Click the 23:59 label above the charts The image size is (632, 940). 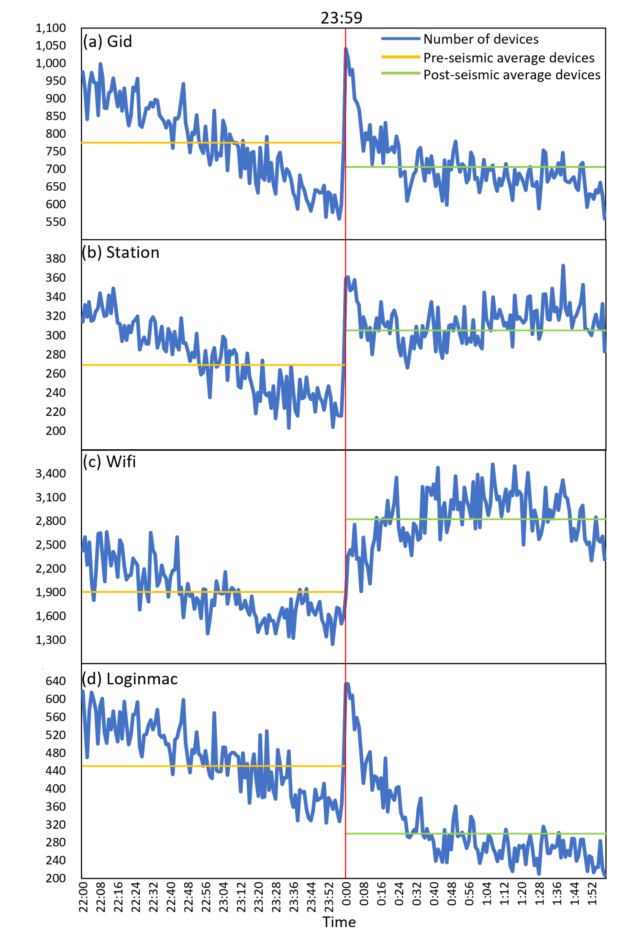(x=341, y=18)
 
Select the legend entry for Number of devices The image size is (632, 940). (x=480, y=39)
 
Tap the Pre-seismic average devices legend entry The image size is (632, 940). (x=508, y=58)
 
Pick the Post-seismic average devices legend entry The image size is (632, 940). (x=512, y=75)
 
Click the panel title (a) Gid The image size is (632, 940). (x=107, y=41)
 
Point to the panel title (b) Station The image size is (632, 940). (x=120, y=253)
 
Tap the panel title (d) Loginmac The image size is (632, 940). (x=130, y=679)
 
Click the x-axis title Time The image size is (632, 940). (x=339, y=922)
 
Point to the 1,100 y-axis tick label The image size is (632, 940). (x=51, y=28)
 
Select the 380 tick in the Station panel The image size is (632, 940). (x=55, y=258)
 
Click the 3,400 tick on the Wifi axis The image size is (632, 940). (x=51, y=473)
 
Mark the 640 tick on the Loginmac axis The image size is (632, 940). (x=55, y=681)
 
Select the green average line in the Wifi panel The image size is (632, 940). (x=476, y=519)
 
